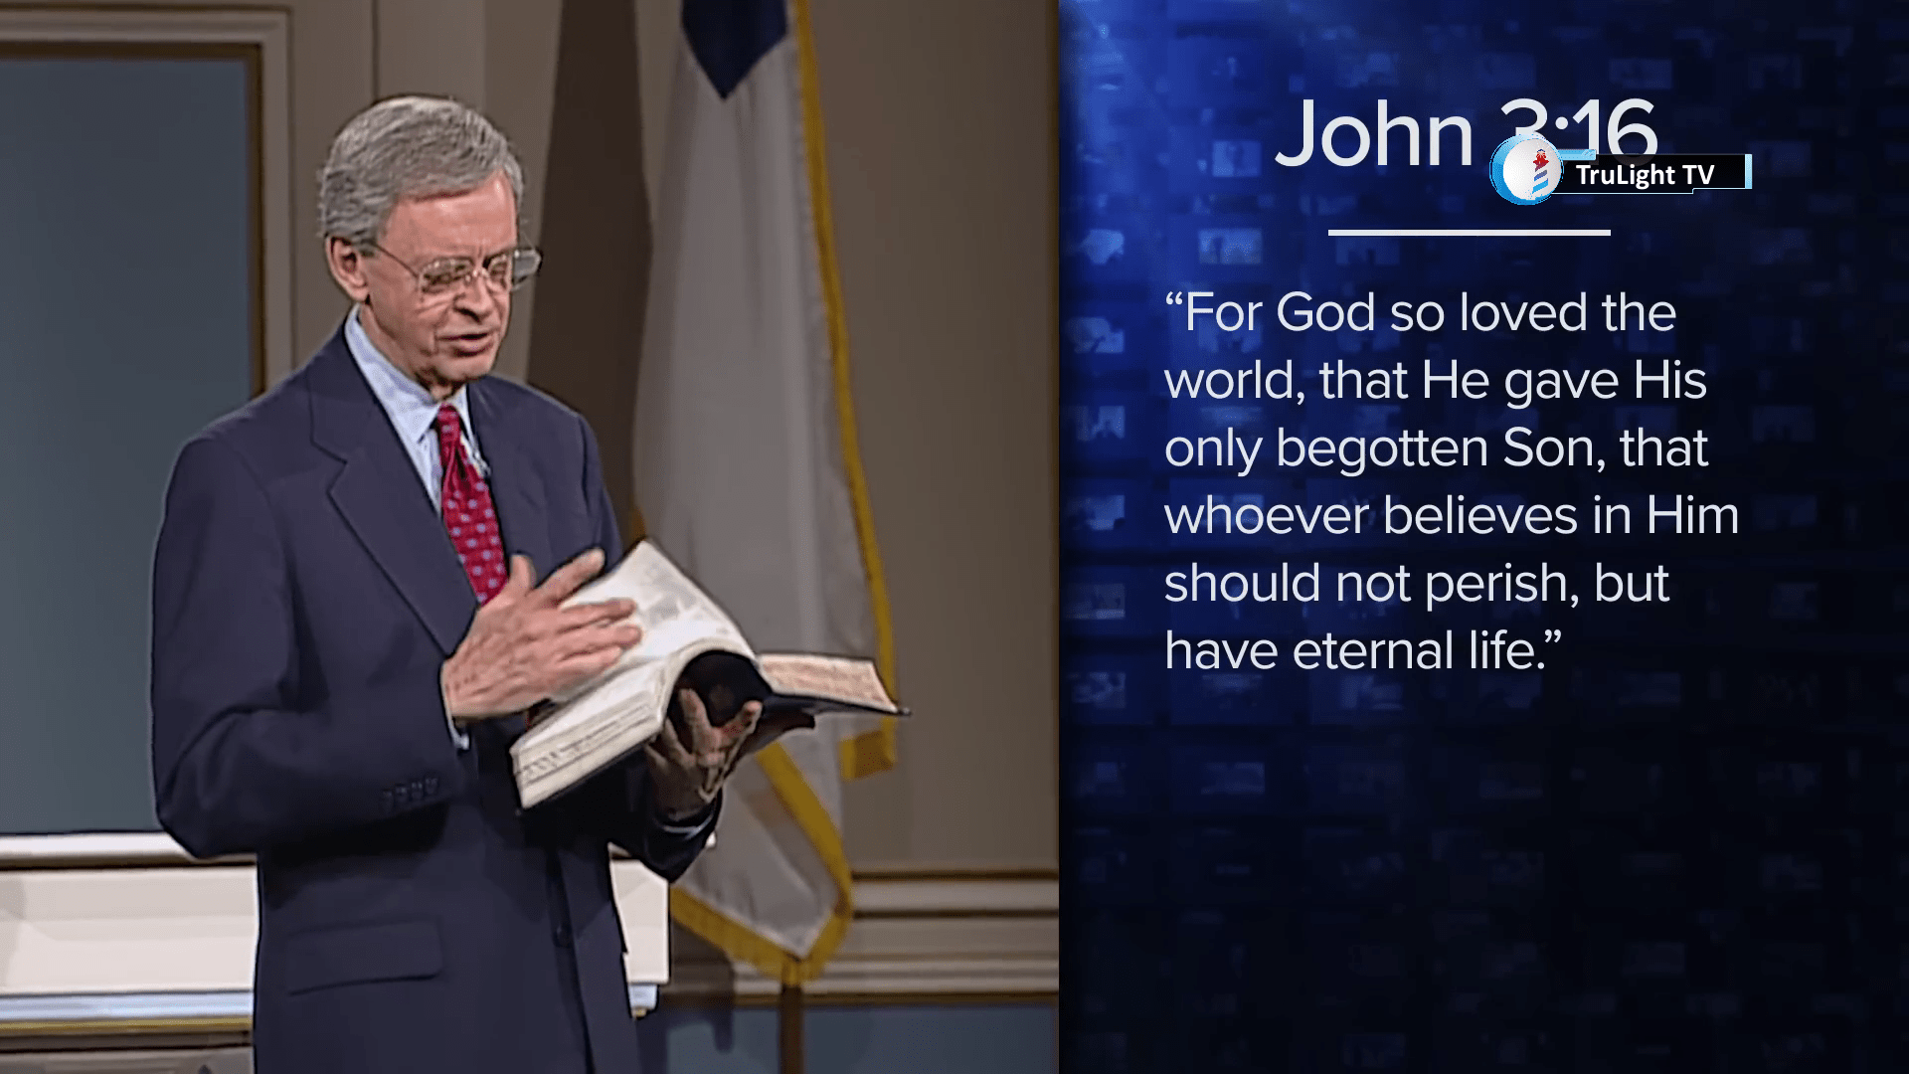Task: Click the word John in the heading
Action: coord(1373,132)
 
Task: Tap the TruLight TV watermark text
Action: coord(1645,175)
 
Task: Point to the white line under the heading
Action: coord(1470,233)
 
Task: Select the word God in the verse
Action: coord(1326,312)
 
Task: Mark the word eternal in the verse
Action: coord(1373,650)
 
